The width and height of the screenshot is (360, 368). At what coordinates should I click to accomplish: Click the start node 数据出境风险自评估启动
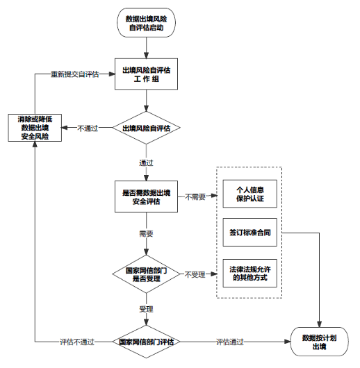pyautogui.click(x=146, y=24)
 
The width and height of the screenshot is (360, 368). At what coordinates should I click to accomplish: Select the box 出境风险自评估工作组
pyautogui.click(x=146, y=74)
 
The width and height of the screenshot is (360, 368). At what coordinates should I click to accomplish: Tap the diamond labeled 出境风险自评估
pyautogui.click(x=146, y=128)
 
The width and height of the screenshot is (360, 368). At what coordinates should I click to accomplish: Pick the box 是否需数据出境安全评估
pyautogui.click(x=146, y=196)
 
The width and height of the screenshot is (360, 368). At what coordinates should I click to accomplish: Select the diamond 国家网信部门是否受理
pyautogui.click(x=146, y=274)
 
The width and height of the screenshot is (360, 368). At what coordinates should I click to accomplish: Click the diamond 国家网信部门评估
pyautogui.click(x=146, y=342)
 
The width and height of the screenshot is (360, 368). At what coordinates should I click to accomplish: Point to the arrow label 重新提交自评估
pyautogui.click(x=74, y=74)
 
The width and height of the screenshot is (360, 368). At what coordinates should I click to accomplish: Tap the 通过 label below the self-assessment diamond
pyautogui.click(x=146, y=162)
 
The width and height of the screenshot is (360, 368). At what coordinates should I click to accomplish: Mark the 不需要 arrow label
pyautogui.click(x=195, y=196)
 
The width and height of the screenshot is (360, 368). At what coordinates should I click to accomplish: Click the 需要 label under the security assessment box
pyautogui.click(x=146, y=234)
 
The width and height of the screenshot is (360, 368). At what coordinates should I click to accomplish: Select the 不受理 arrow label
pyautogui.click(x=195, y=274)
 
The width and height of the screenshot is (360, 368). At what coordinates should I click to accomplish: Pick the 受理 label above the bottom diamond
pyautogui.click(x=146, y=308)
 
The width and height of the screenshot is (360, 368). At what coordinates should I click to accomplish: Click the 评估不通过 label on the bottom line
pyautogui.click(x=74, y=342)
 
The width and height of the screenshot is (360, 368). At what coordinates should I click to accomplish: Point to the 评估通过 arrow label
pyautogui.click(x=230, y=342)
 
